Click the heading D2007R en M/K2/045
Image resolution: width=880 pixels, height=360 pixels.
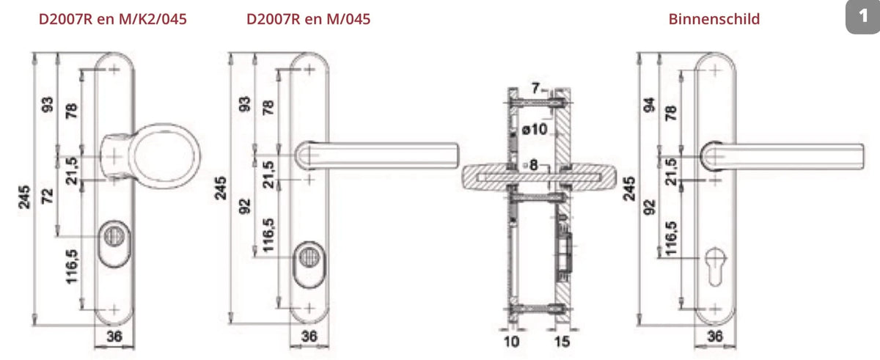pos(113,19)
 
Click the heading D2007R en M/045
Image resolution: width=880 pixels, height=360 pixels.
pos(309,19)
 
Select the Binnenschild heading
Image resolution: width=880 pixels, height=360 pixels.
pos(714,19)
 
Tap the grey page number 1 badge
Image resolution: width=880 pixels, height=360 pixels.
pos(863,16)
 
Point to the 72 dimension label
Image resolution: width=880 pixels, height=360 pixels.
pos(48,196)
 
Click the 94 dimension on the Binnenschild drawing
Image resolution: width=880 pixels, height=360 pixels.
pos(650,104)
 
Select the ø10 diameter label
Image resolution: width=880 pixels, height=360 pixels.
pos(535,129)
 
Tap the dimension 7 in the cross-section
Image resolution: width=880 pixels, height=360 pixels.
pos(536,88)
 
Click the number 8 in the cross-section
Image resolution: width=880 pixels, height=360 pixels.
pos(533,165)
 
